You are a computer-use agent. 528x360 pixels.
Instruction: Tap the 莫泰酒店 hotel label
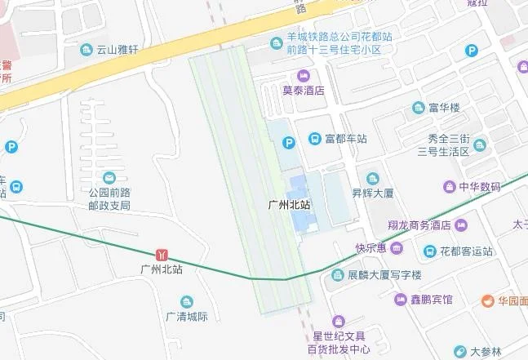[x=303, y=91]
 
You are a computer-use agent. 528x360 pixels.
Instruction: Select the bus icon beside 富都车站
[x=314, y=139]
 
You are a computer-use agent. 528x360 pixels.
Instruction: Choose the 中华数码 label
[x=478, y=187]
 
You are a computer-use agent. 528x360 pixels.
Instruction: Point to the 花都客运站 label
[x=466, y=251]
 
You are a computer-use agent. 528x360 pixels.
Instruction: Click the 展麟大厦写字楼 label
[x=384, y=275]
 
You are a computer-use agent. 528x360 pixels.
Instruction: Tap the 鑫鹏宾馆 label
[x=431, y=300]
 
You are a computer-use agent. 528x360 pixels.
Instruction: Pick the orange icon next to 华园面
[x=487, y=300]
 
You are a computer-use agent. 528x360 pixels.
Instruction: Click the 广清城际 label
[x=187, y=317]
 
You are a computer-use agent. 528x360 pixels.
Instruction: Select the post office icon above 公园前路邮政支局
[x=109, y=177]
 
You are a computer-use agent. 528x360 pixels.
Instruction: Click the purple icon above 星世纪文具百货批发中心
[x=339, y=320]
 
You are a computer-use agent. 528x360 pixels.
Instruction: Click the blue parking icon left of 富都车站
[x=288, y=143]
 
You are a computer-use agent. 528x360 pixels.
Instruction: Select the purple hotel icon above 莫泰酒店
[x=304, y=76]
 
